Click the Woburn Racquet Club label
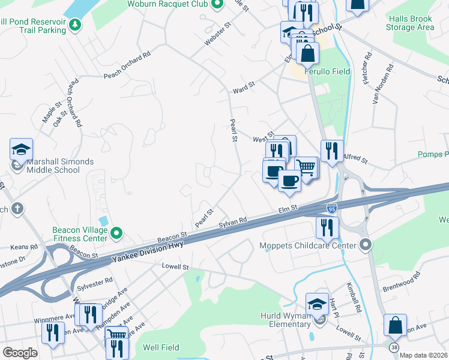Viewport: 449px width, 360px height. pos(167,4)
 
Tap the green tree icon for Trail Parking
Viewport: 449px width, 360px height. pos(75,25)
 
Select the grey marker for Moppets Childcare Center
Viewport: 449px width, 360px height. pos(366,244)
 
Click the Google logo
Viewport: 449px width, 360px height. pos(20,353)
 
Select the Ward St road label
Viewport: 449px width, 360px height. pos(244,88)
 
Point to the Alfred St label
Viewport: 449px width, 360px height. pos(354,158)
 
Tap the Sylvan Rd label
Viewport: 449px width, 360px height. pos(233,222)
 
